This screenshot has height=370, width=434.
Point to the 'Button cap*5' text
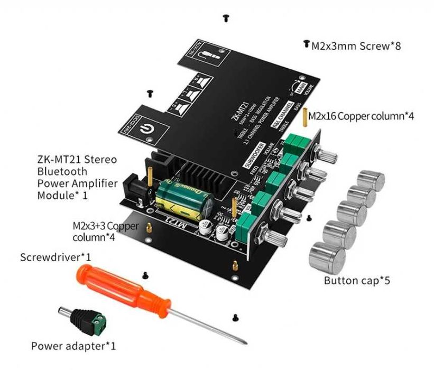(357, 281)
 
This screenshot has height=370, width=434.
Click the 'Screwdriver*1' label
(56, 257)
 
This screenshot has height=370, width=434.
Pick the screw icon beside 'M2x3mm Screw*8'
(306, 44)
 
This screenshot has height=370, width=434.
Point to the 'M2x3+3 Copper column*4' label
(106, 231)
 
